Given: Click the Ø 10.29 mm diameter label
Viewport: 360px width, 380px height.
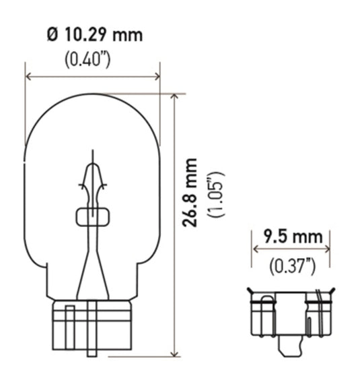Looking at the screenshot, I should click(94, 35).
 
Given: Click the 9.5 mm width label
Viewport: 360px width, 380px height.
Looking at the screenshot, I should click(291, 237).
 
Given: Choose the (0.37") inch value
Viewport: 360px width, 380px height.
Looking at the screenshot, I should click(292, 265).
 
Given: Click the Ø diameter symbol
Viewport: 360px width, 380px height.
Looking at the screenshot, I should click(52, 35).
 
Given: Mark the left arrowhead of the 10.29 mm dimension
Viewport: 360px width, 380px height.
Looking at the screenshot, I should click(28, 77).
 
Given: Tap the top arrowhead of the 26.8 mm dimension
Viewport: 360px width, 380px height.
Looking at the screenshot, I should click(174, 96).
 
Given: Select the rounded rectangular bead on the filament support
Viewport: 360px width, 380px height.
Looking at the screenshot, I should click(92, 216).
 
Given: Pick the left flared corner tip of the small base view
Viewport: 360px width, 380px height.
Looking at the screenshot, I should click(250, 290).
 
